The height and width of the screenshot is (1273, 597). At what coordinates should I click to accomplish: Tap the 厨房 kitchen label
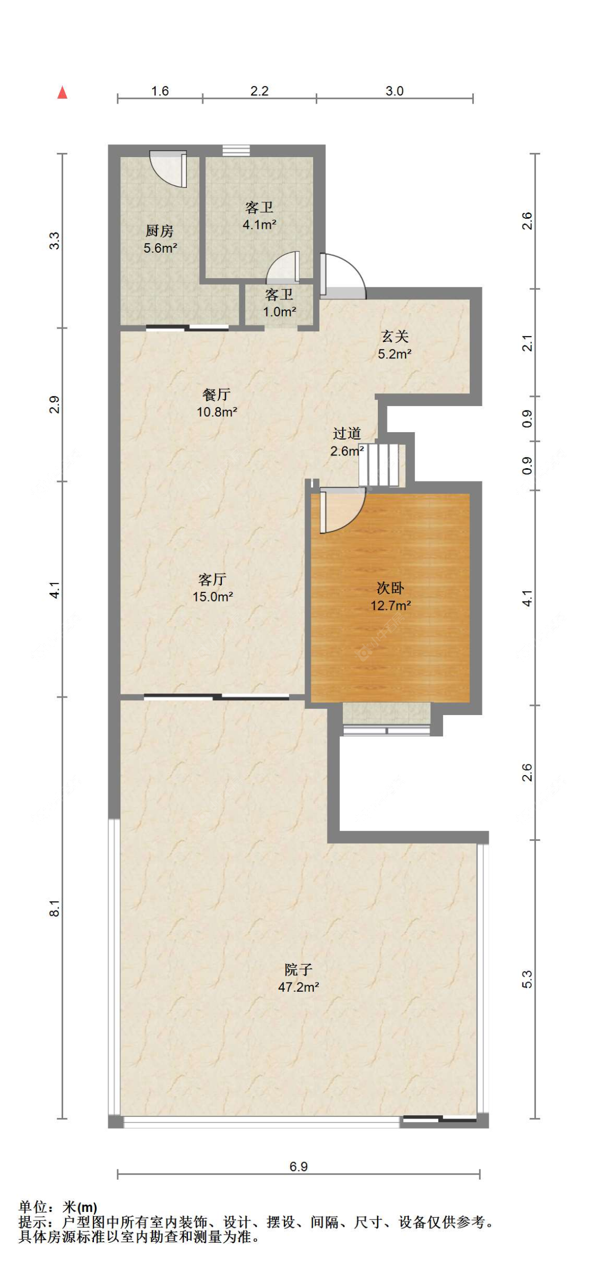click(160, 231)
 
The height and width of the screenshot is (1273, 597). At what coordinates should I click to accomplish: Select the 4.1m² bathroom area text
click(259, 225)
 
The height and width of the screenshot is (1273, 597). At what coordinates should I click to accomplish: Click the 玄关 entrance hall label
click(395, 336)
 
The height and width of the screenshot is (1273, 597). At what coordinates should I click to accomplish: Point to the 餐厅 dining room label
click(217, 394)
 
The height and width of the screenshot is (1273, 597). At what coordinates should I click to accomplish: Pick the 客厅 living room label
click(213, 579)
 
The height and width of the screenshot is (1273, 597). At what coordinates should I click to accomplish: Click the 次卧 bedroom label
click(391, 588)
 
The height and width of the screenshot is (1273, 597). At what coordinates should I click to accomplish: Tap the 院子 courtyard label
click(298, 970)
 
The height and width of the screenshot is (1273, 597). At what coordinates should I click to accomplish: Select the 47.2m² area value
click(299, 987)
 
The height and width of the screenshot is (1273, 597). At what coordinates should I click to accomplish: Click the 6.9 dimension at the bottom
click(299, 1166)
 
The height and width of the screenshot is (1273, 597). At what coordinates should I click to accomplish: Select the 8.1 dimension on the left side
click(55, 908)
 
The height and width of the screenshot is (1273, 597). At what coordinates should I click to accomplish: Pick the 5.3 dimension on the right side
click(527, 979)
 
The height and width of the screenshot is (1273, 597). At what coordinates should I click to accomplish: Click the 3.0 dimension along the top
click(394, 91)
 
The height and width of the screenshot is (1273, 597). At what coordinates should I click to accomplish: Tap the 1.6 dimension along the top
click(160, 91)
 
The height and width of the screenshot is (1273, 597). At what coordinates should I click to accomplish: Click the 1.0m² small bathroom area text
click(280, 312)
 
